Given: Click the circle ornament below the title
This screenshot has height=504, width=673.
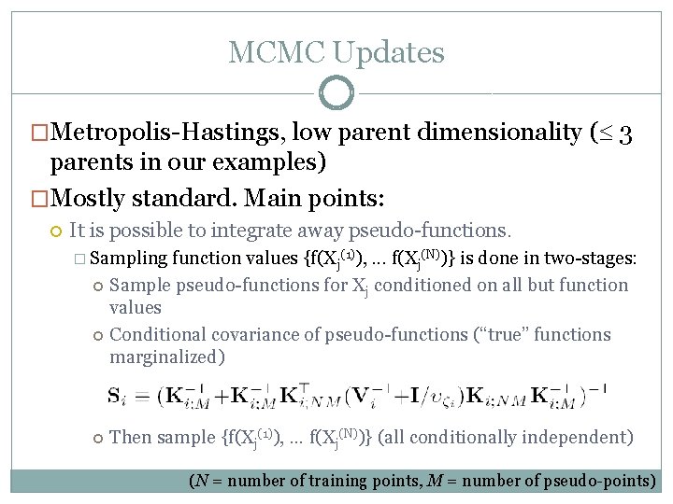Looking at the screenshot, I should (x=336, y=93).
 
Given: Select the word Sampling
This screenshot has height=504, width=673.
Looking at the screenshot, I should (x=129, y=259).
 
